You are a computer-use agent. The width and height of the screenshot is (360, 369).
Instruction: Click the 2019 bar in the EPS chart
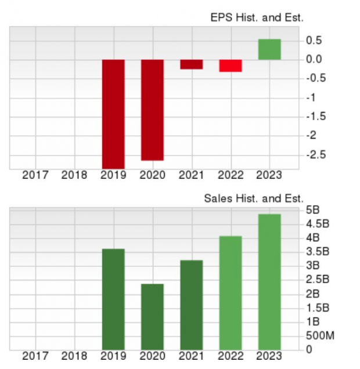click(x=113, y=114)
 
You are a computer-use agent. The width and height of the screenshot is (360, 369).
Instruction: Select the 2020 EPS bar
click(x=152, y=110)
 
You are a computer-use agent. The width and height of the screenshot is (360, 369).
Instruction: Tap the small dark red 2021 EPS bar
click(x=191, y=64)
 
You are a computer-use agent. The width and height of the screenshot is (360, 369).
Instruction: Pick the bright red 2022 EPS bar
click(x=231, y=66)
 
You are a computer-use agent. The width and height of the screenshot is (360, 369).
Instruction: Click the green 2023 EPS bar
click(x=269, y=49)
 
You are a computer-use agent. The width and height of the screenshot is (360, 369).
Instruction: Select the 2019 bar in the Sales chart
click(x=113, y=299)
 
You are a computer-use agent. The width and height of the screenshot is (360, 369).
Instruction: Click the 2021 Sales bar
click(x=191, y=305)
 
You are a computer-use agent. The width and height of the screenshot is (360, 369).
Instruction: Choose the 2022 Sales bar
click(x=231, y=292)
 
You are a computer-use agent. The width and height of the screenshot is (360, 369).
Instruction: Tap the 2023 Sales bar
click(x=269, y=281)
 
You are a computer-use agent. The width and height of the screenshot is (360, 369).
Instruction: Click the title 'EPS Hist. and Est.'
click(x=257, y=18)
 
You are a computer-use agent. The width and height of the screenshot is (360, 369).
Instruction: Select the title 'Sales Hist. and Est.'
click(x=254, y=199)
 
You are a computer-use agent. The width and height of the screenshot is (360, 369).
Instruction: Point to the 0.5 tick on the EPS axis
click(x=314, y=41)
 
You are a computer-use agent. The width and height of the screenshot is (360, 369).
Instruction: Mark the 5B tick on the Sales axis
click(x=312, y=210)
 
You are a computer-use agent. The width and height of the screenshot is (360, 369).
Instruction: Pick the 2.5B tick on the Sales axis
click(x=316, y=280)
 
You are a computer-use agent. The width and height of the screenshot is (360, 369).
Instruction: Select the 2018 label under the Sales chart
click(x=74, y=356)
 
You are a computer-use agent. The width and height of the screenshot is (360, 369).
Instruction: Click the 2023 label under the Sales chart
click(x=269, y=356)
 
